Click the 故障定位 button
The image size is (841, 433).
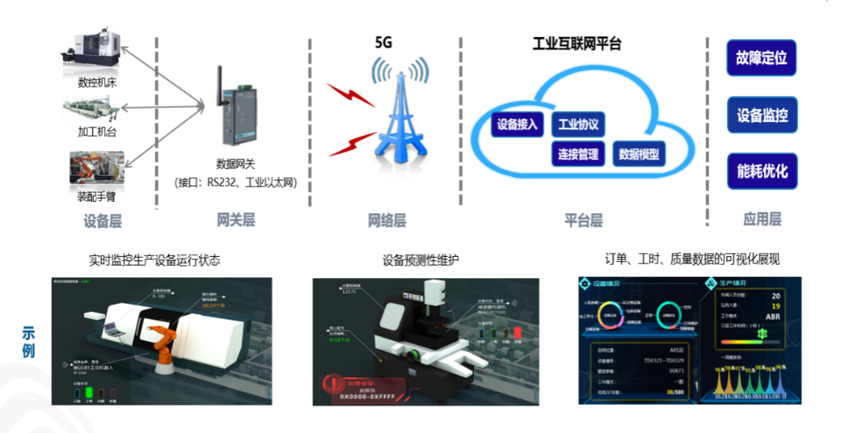761,58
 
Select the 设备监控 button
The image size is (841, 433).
761,116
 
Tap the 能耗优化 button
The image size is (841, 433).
761,171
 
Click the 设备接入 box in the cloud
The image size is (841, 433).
517,124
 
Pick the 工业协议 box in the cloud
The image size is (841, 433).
578,124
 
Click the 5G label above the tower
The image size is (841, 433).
383,43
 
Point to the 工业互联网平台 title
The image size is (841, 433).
577,44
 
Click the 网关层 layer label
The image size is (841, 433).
236,220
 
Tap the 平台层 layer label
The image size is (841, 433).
584,220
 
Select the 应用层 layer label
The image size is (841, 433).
762,220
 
